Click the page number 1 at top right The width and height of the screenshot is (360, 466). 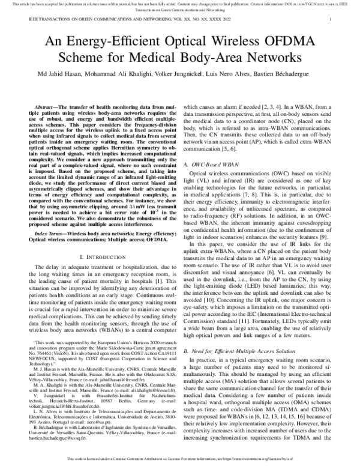331,19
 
